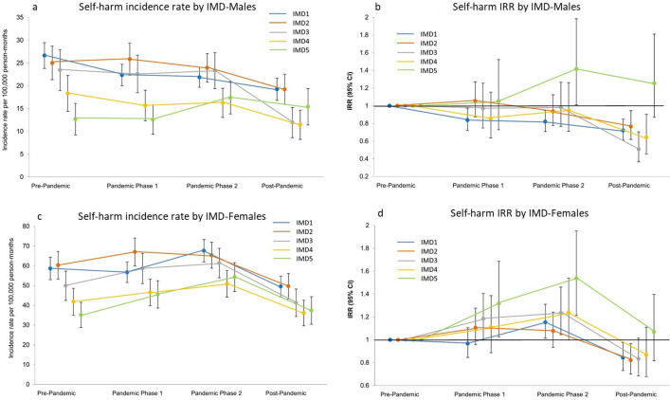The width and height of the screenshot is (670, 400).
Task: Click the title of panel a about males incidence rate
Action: pos(168,7)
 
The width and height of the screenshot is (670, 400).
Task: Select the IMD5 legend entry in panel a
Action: pos(288,50)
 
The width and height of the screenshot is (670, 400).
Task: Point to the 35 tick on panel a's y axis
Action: pos(21,18)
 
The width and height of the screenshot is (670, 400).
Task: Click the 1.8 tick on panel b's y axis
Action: pos(364,35)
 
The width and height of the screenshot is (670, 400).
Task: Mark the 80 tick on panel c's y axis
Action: pos(27,227)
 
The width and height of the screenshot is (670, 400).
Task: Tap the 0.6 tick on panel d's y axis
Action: pos(364,386)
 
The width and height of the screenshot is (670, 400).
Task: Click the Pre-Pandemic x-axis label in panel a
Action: pos(51,186)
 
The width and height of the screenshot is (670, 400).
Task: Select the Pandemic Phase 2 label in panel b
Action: pos(558,186)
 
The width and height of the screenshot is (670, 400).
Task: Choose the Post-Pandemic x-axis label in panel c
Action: pos(286,392)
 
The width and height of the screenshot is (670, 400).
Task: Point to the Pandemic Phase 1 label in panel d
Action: pos(480,394)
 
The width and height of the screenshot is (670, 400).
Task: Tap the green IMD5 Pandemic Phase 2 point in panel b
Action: pos(576,69)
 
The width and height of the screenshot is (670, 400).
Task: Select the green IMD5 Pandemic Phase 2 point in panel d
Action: pos(576,278)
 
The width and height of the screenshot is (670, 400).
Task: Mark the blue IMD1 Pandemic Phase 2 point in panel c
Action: pos(204,250)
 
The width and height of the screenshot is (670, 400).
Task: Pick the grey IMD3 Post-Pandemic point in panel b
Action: pos(639,149)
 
